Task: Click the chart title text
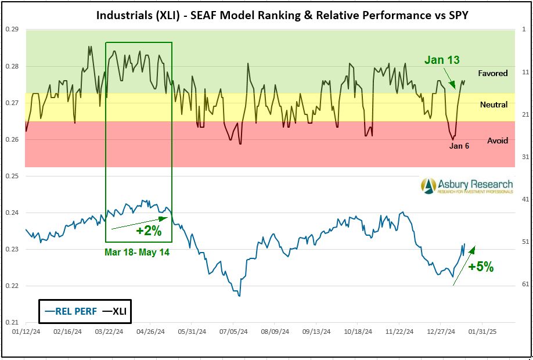pyautogui.click(x=282, y=16)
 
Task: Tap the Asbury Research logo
pyautogui.click(x=467, y=185)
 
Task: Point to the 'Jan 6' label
pyautogui.click(x=459, y=146)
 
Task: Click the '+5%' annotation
pyautogui.click(x=481, y=267)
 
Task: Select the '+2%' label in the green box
pyautogui.click(x=148, y=231)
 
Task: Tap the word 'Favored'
pyautogui.click(x=493, y=74)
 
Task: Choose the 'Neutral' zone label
pyautogui.click(x=494, y=105)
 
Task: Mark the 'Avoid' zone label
pyautogui.click(x=498, y=141)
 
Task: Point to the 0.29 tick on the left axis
pyautogui.click(x=12, y=29)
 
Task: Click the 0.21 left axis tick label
pyautogui.click(x=12, y=322)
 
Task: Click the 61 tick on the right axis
pyautogui.click(x=524, y=284)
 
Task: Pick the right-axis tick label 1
pyautogui.click(x=524, y=29)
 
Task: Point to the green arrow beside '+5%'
pyautogui.click(x=463, y=266)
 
